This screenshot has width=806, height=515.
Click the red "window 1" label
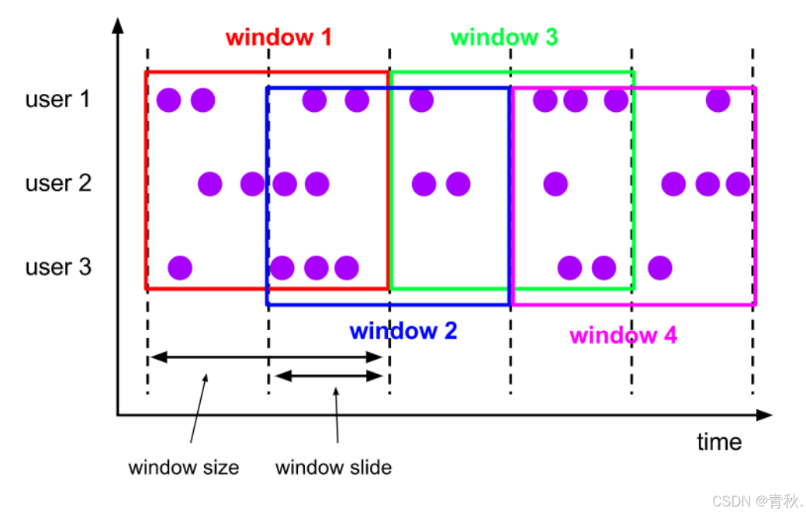tap(278, 37)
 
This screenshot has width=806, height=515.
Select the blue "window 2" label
tap(403, 331)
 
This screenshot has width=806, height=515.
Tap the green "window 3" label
tap(503, 37)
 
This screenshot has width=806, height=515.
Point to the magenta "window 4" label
tap(623, 336)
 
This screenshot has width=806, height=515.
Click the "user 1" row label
tap(58, 99)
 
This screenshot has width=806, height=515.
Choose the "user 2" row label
tap(58, 183)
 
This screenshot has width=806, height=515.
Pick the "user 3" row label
tap(58, 267)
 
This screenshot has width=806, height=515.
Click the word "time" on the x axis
tap(718, 442)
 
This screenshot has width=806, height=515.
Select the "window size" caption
tap(183, 468)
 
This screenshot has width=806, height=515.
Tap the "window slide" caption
tap(333, 468)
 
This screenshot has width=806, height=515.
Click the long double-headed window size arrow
tap(266, 357)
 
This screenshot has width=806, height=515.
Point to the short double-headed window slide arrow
tap(330, 376)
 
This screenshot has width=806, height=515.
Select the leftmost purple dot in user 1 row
tap(169, 99)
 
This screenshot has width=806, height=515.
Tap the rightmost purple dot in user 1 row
tap(718, 99)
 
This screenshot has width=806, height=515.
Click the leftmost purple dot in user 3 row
tap(180, 267)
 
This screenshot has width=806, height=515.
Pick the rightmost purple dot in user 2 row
tap(738, 184)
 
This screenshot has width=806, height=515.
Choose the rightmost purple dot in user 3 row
tap(659, 267)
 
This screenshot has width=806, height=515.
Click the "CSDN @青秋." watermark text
tap(757, 499)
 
